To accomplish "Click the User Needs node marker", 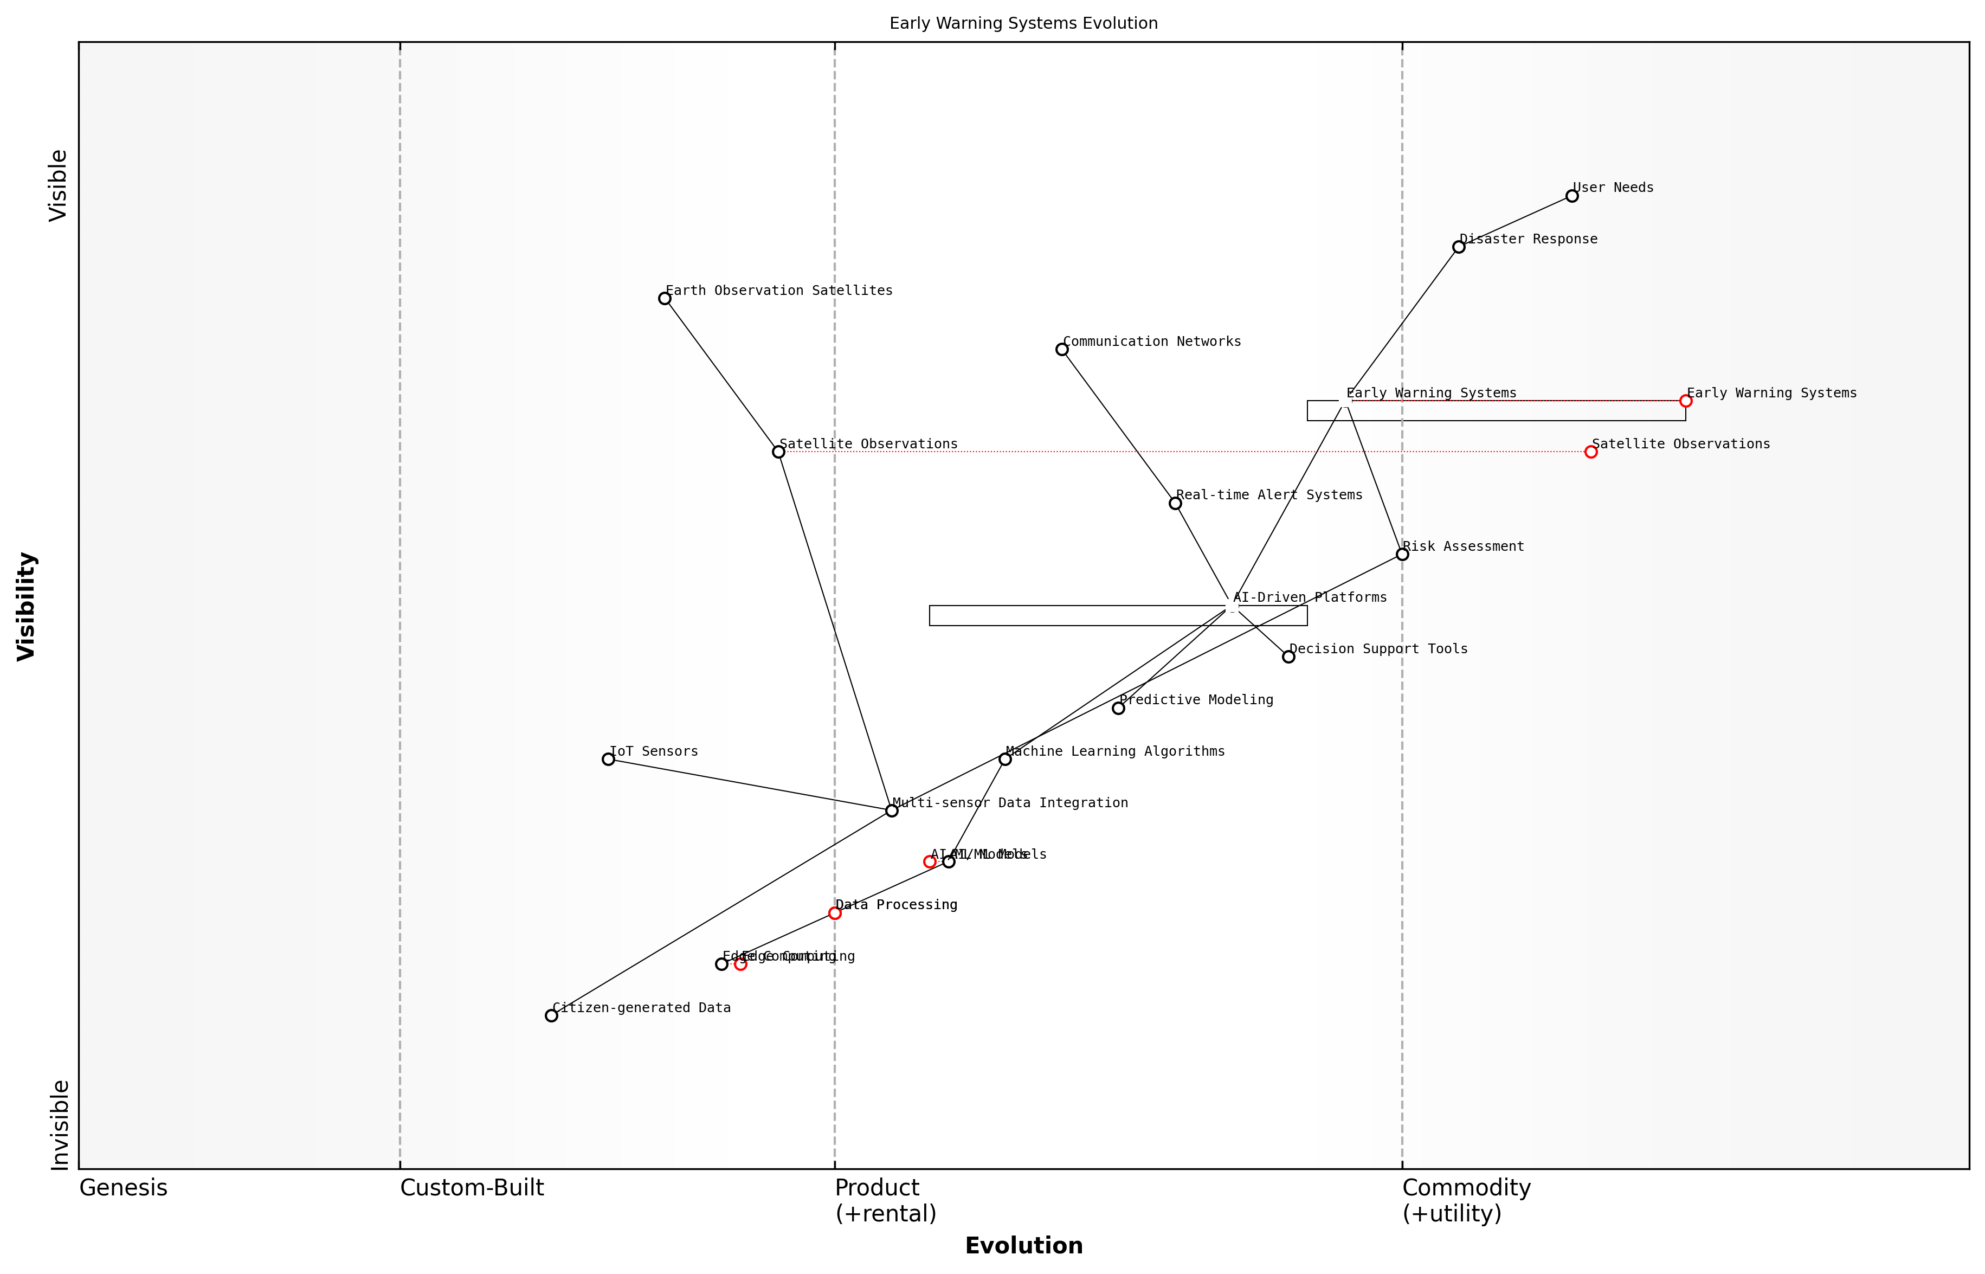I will pos(1571,196).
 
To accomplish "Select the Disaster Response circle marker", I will pos(1458,247).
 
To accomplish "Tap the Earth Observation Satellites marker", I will pos(664,299).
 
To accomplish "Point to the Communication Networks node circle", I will pos(1062,350).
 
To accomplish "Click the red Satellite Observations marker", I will pos(1590,452).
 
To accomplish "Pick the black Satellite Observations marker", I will pos(778,452).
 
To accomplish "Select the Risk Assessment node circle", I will pos(1402,554).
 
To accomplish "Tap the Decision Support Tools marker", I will pos(1288,657).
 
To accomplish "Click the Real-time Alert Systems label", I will pos(1269,495).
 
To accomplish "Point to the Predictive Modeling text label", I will pos(1196,700).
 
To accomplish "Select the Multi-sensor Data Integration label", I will pos(1010,802).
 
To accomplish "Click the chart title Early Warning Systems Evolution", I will pos(1023,23).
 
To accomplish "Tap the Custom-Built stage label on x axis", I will pos(472,1188).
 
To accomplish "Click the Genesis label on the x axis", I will pos(123,1188).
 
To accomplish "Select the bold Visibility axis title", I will pos(27,606).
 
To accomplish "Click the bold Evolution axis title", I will pos(1023,1246).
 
